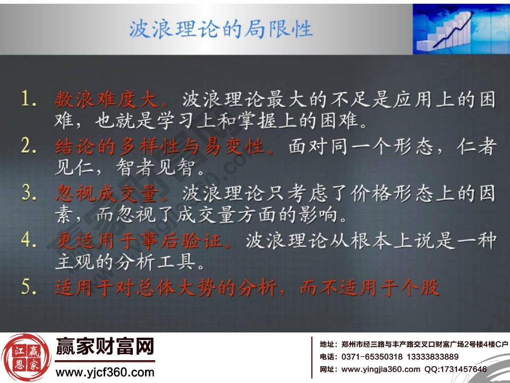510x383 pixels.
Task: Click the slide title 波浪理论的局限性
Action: pyautogui.click(x=220, y=28)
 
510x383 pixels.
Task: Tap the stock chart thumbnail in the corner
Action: pyautogui.click(x=460, y=28)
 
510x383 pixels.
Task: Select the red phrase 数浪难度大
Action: pyautogui.click(x=112, y=100)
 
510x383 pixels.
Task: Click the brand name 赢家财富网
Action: pyautogui.click(x=105, y=348)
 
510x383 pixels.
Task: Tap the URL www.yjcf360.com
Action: pyautogui.click(x=105, y=372)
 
